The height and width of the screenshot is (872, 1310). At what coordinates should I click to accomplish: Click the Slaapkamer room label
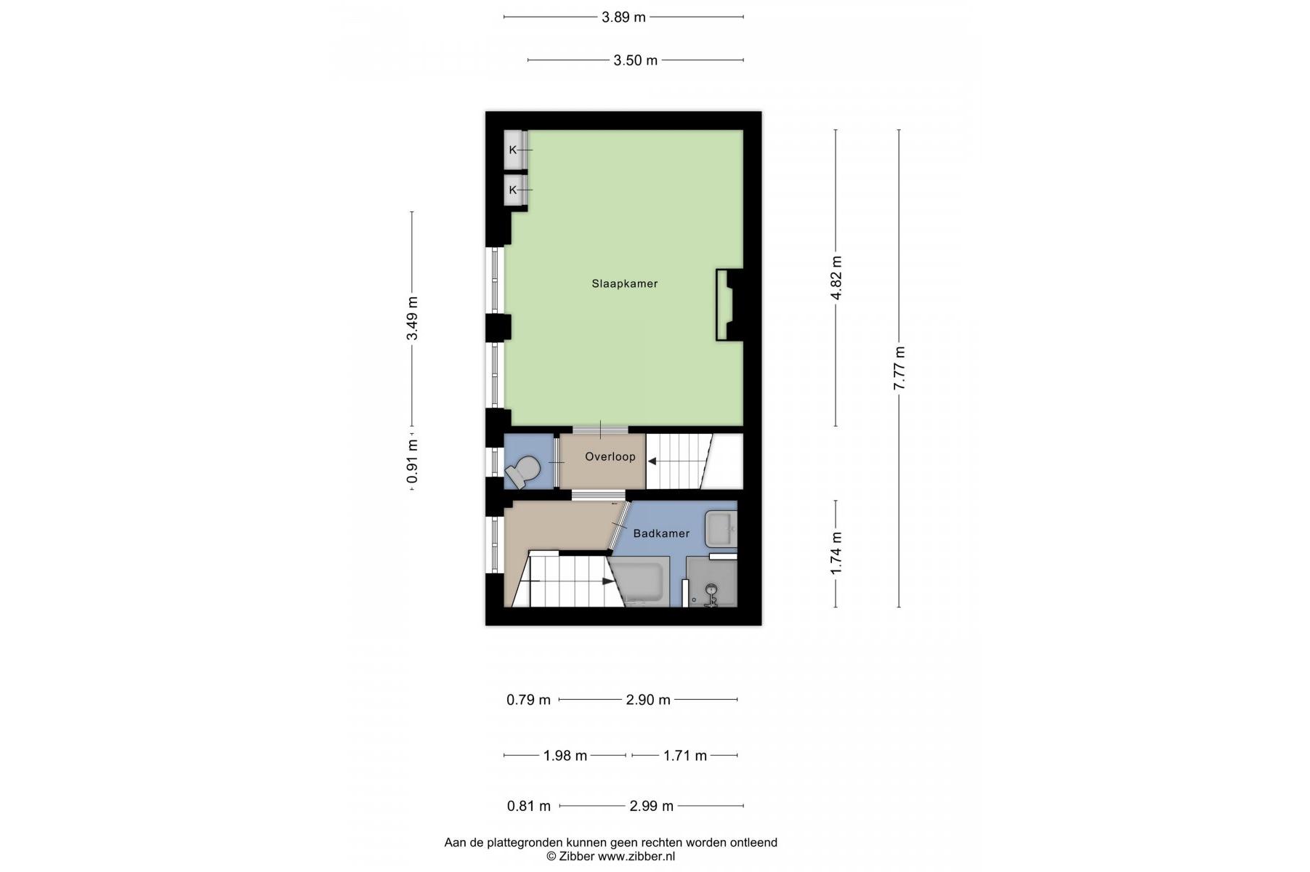click(624, 283)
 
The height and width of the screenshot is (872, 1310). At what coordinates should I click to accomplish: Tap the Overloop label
click(610, 456)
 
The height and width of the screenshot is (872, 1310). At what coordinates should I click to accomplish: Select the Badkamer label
click(661, 533)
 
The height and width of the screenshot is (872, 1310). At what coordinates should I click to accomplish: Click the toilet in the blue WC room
click(522, 472)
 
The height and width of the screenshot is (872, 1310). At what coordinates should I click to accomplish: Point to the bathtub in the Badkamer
click(639, 581)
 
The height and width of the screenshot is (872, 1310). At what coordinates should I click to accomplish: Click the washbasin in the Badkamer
click(721, 528)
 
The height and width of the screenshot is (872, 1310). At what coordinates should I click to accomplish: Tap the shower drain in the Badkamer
click(711, 590)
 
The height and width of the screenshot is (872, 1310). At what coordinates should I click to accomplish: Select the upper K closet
click(514, 150)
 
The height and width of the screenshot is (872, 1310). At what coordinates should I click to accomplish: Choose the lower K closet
click(514, 190)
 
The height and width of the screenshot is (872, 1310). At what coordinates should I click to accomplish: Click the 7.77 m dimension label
click(899, 368)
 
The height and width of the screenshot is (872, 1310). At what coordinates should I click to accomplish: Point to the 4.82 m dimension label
click(836, 278)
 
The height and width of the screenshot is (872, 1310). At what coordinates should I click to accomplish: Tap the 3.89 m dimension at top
click(623, 17)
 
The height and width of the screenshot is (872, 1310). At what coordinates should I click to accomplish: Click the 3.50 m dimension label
click(635, 60)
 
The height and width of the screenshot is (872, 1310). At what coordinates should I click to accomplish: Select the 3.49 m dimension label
click(412, 318)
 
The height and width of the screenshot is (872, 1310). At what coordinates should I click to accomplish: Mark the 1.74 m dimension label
click(836, 553)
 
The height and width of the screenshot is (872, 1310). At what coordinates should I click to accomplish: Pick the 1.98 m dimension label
click(565, 756)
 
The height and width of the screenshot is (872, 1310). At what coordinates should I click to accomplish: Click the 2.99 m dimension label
click(651, 806)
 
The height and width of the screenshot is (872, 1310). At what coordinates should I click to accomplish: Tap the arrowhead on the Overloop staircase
click(652, 461)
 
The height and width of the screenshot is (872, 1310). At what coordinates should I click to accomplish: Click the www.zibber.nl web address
click(636, 856)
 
